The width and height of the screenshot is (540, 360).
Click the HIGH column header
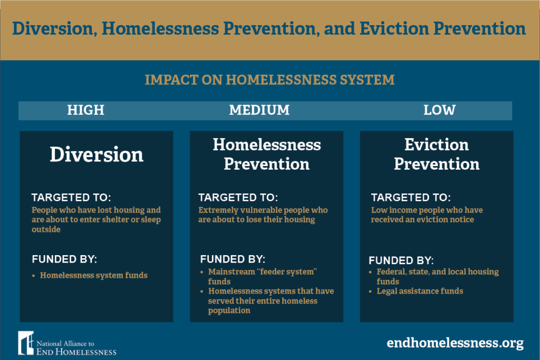click(x=85, y=110)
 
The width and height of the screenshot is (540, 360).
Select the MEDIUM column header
click(x=259, y=110)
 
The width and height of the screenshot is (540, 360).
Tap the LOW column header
click(x=439, y=110)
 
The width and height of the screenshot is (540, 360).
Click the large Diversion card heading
click(x=97, y=155)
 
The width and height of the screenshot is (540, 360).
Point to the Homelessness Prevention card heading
click(x=266, y=154)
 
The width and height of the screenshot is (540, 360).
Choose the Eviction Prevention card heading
click(x=437, y=154)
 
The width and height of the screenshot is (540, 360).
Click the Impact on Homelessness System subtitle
click(x=269, y=80)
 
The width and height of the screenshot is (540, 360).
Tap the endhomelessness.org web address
click(x=455, y=343)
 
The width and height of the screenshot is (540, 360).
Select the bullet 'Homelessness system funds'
click(x=93, y=275)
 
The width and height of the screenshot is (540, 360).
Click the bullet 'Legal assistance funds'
click(x=420, y=291)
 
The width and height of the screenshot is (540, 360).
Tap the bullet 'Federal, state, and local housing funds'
click(x=437, y=277)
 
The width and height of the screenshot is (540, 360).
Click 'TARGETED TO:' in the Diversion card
click(x=71, y=198)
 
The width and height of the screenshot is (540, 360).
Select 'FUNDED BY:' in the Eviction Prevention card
click(x=401, y=260)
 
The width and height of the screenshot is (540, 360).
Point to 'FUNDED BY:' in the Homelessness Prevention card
click(x=233, y=260)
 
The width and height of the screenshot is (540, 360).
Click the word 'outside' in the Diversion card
click(x=46, y=229)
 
